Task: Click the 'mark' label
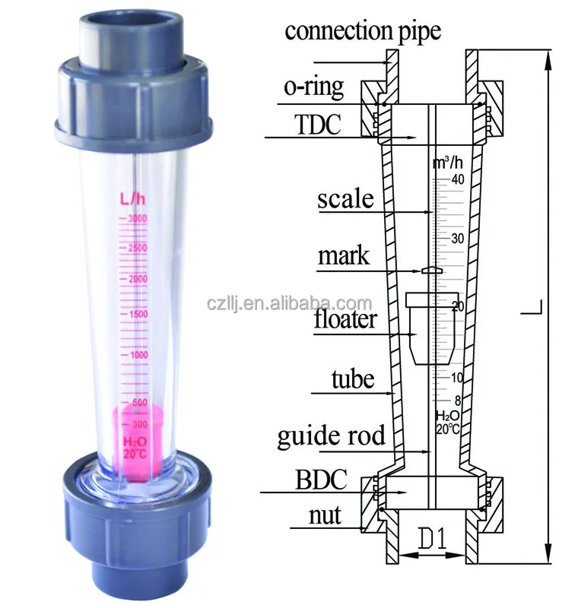point(343,255)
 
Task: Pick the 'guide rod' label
point(331,437)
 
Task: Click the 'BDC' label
point(322,480)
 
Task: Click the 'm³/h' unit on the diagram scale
point(447,163)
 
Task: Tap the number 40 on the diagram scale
point(457,180)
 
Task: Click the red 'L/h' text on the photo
point(132,199)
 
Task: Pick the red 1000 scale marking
point(139,355)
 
